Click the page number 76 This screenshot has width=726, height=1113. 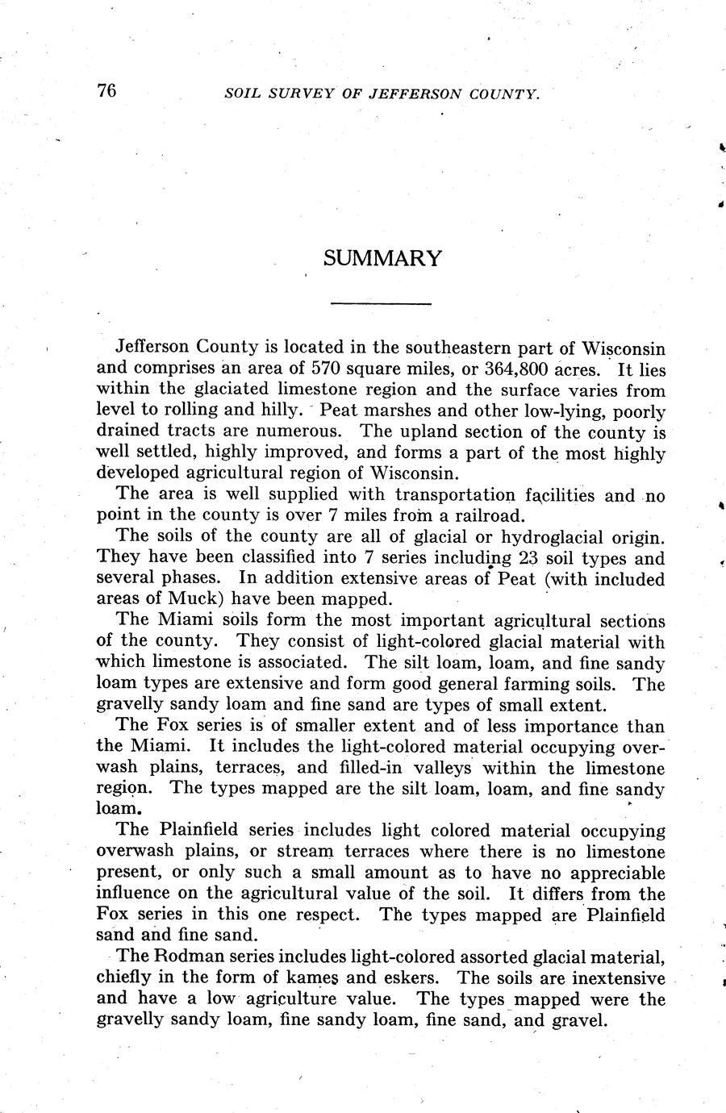click(107, 90)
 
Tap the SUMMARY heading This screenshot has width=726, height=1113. click(382, 259)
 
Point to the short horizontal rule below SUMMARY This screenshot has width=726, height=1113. click(382, 303)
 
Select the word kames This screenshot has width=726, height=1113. click(313, 978)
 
